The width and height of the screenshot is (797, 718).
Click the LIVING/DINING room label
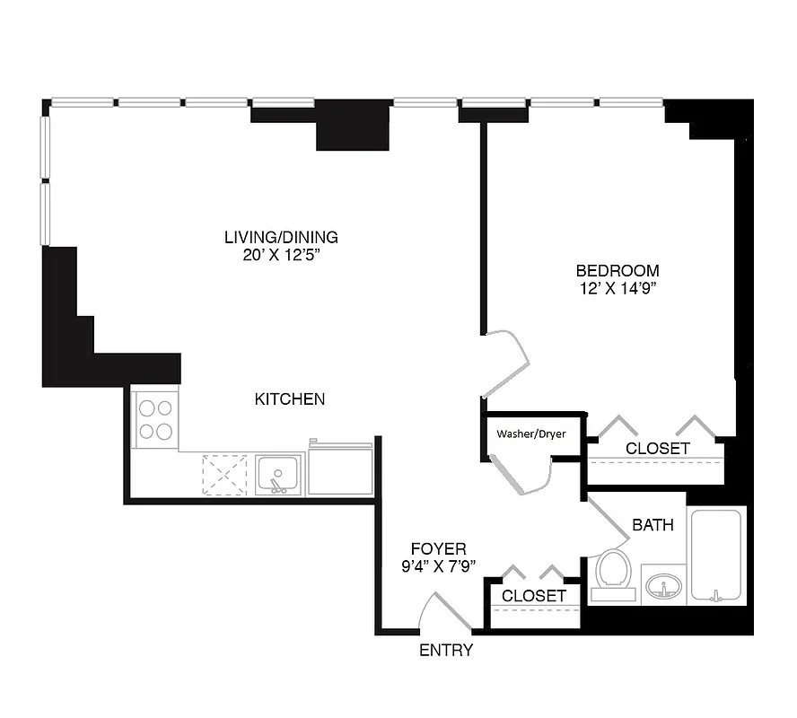tap(281, 237)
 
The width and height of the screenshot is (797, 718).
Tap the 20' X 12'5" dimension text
tap(281, 255)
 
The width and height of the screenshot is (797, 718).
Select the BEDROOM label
tap(617, 270)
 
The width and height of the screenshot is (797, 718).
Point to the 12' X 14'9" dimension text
tap(617, 288)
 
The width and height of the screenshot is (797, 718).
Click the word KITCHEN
tap(289, 398)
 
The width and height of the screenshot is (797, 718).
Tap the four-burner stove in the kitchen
tap(155, 419)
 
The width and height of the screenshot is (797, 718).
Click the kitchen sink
tap(278, 474)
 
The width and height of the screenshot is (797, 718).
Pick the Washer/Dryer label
tap(531, 433)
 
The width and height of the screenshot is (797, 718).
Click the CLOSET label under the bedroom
tap(658, 448)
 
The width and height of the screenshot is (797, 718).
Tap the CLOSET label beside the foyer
tap(534, 596)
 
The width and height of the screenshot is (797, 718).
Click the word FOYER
tap(438, 548)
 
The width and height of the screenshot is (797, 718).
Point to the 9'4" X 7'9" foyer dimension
tap(438, 565)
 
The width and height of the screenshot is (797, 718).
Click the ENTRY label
tap(446, 651)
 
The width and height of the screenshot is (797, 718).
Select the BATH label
tap(652, 525)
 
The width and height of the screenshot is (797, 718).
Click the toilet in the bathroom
tap(614, 573)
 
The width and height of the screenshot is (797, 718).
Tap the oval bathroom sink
tap(663, 587)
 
